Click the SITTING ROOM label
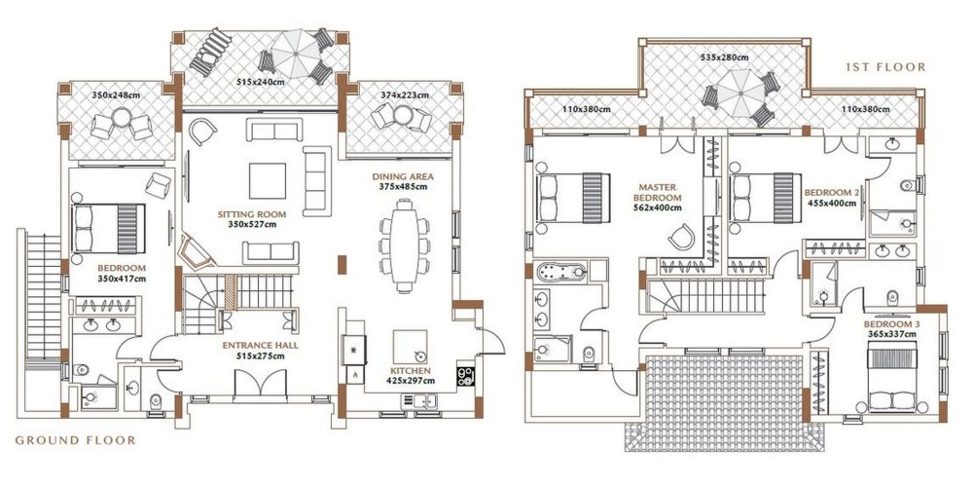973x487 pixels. click(247, 215)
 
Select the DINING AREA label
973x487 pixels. click(403, 176)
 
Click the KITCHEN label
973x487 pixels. click(411, 371)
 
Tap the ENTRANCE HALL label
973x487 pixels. click(261, 346)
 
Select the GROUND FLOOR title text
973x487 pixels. click(75, 440)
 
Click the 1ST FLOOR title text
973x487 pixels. click(884, 67)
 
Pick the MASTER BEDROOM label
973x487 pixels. click(657, 191)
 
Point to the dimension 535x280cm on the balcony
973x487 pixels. click(724, 57)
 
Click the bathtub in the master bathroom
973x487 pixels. click(561, 272)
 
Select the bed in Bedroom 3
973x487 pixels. click(892, 380)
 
